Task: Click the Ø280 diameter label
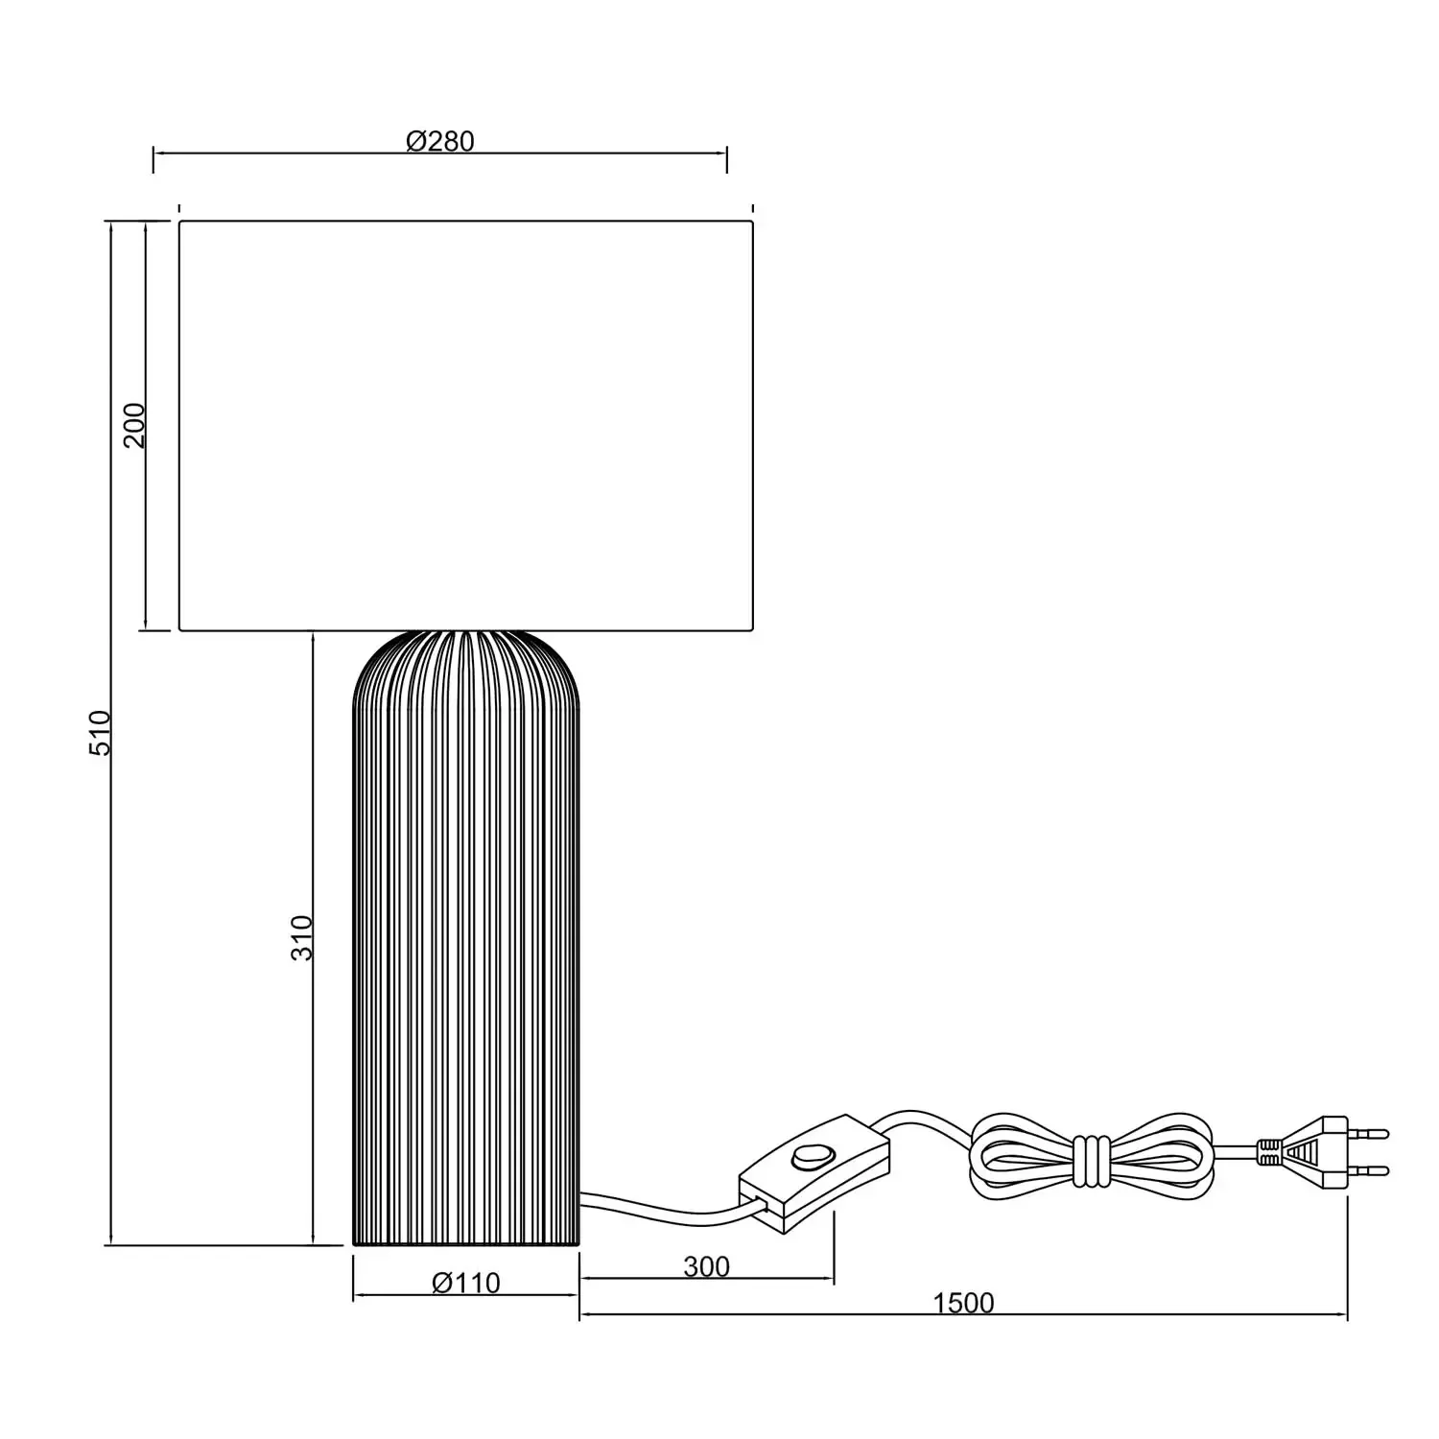click(440, 141)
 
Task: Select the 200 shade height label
click(134, 425)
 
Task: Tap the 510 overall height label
click(101, 732)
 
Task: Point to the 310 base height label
click(302, 937)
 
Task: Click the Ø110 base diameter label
click(466, 1283)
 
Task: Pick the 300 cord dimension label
click(706, 1266)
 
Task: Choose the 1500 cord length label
click(963, 1303)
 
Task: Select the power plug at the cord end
click(1319, 1151)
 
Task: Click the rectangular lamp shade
click(466, 425)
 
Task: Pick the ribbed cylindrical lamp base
click(466, 959)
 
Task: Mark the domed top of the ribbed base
click(466, 662)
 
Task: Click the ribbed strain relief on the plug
click(1269, 1151)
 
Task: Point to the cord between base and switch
click(662, 1212)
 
